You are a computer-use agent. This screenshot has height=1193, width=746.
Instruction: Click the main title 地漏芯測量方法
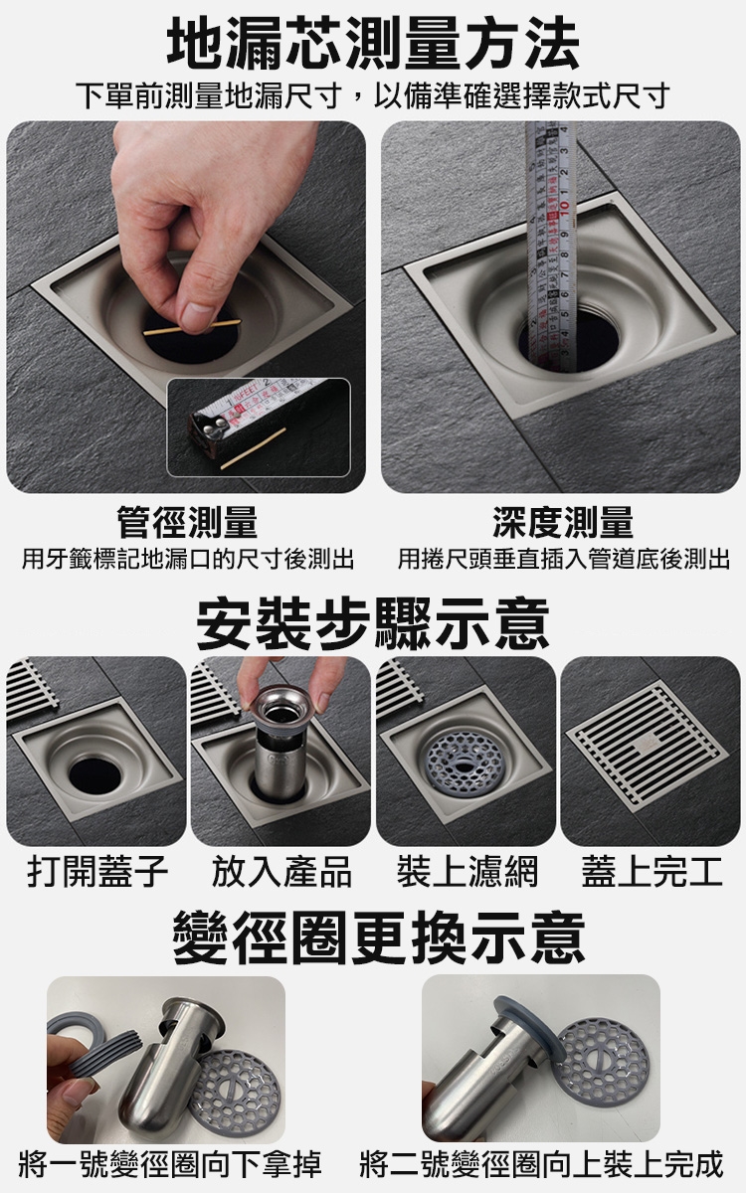[x=373, y=43]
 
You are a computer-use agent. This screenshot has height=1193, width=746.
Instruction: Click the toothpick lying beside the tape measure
[x=253, y=448]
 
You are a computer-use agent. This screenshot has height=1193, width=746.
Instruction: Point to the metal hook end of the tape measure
[x=207, y=428]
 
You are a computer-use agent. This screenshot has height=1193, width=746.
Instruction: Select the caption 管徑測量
[x=187, y=523]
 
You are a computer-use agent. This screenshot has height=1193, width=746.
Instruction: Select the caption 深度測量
[x=563, y=523]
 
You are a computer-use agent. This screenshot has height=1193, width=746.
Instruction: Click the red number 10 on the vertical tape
[x=565, y=205]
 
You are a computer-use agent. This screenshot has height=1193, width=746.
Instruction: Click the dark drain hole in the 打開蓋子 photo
[x=94, y=774]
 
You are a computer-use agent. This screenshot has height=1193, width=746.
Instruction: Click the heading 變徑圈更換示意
[x=379, y=938]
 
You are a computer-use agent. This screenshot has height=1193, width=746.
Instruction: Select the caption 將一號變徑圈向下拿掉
[x=170, y=1164]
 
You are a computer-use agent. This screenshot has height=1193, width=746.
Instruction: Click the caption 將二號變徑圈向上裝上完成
[x=541, y=1164]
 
